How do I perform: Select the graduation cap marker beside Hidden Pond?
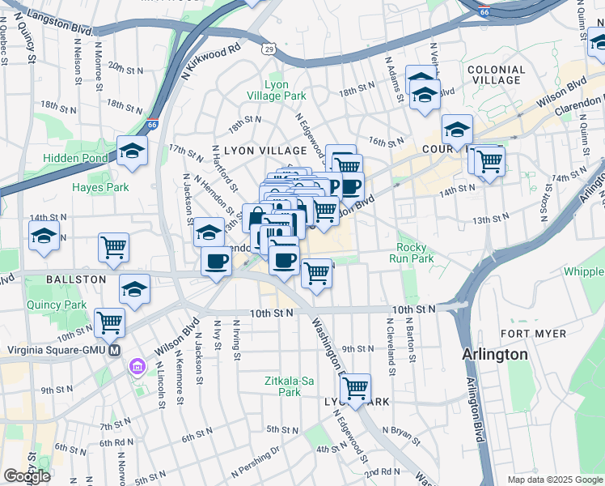click(132, 151)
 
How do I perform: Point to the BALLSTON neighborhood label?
click(76, 279)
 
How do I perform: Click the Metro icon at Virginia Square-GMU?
click(114, 351)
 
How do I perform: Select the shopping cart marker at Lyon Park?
click(355, 389)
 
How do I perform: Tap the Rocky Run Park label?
click(415, 253)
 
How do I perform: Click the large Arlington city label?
click(495, 355)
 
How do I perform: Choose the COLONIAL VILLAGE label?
click(494, 75)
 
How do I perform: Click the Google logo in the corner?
click(27, 476)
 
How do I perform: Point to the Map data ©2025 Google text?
click(554, 480)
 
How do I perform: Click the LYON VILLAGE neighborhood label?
click(265, 151)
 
